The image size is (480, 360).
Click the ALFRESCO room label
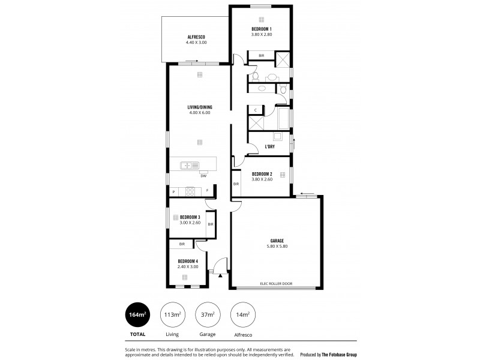coord(196,37)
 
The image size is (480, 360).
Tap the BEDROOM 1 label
coord(261,29)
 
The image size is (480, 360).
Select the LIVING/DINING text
coord(200,107)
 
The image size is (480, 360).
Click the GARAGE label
coord(277,241)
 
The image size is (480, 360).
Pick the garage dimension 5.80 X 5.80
coord(277,246)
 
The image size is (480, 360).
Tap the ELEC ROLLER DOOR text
coord(277,283)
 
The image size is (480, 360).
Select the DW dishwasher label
coord(204,176)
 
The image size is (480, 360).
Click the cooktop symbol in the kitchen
coord(191,192)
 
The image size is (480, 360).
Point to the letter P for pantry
coord(173,192)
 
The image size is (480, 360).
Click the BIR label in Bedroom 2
coord(236,184)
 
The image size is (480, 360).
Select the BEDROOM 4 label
coord(188,261)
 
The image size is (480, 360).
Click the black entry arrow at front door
coord(220,275)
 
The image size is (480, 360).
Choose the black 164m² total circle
coord(137,314)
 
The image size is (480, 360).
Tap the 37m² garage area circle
coord(207,314)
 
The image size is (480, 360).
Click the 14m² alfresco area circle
coord(242,314)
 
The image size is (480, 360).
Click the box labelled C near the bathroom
coord(256,110)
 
